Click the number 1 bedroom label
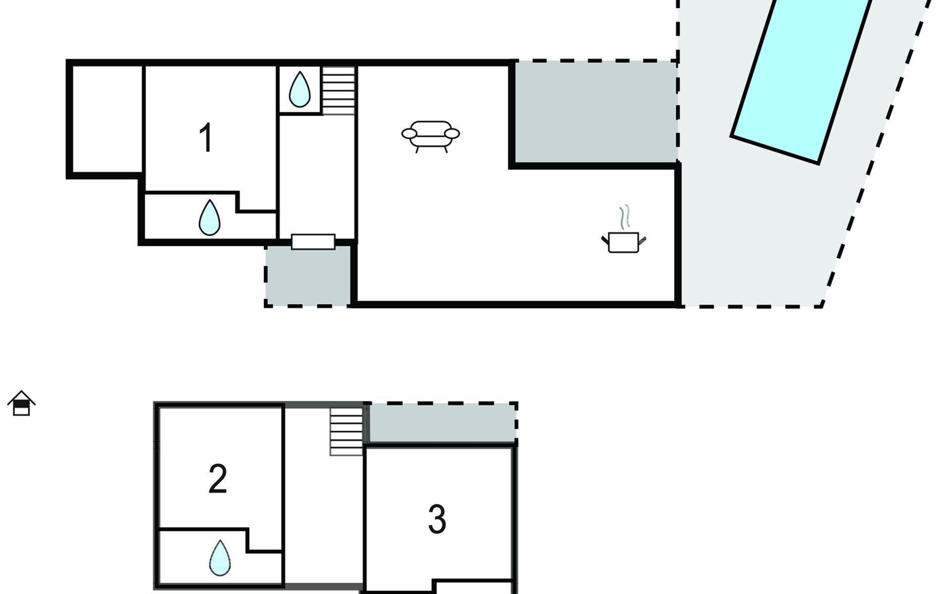click(206, 138)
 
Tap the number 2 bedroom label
click(218, 479)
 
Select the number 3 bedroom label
click(437, 519)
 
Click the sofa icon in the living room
click(430, 137)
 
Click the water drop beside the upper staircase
click(300, 90)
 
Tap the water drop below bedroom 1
click(210, 217)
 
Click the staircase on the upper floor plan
click(339, 91)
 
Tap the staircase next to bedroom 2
click(347, 431)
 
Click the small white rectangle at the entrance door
click(313, 242)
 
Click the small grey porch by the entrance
click(308, 275)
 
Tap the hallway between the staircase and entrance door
click(317, 176)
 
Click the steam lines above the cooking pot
click(625, 217)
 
